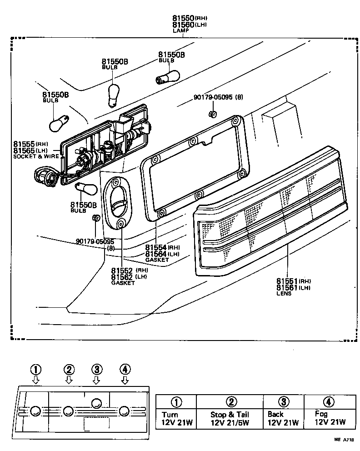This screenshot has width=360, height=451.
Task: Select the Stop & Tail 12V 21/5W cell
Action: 230,419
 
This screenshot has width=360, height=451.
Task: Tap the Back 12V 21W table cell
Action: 283,419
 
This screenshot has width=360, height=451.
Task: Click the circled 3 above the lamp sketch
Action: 96,369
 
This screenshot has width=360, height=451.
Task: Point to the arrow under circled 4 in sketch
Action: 125,380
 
